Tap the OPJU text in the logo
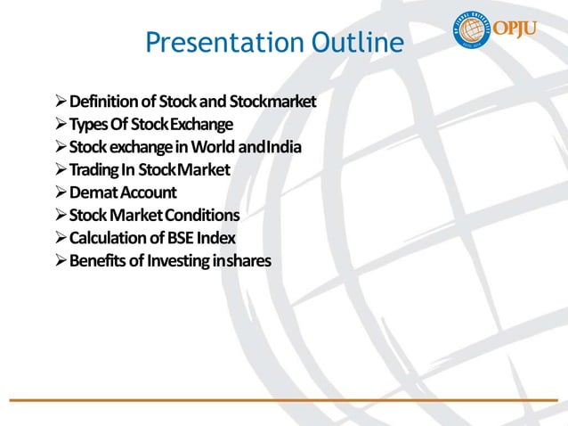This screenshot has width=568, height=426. (532, 29)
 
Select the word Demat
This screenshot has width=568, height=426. (92, 193)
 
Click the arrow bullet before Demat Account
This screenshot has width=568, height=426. (60, 193)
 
